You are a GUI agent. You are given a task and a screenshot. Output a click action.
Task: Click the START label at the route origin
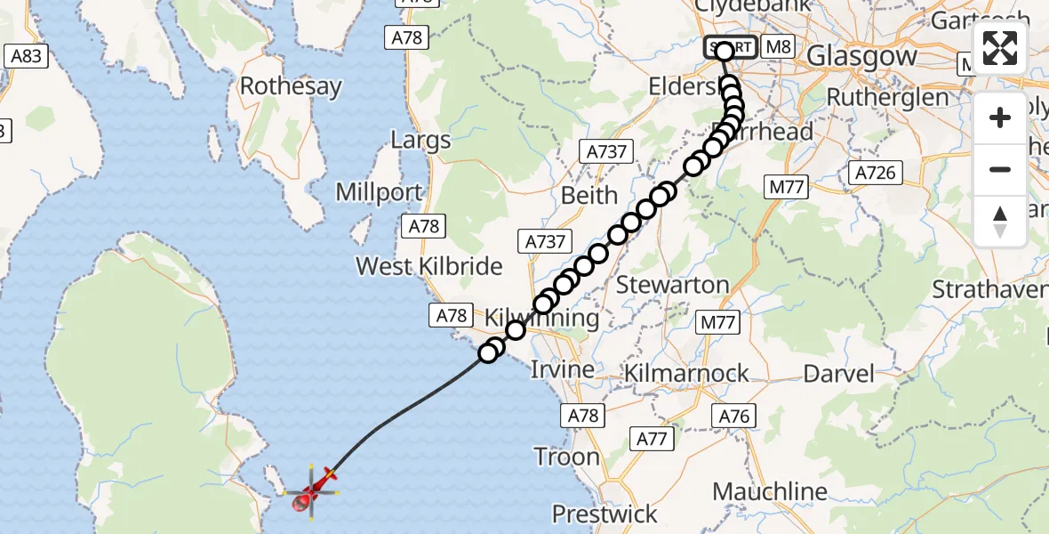pyautogui.click(x=731, y=47)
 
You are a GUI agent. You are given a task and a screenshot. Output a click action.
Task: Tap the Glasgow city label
pyautogui.click(x=861, y=56)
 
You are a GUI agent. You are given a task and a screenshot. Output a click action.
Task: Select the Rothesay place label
pyautogui.click(x=291, y=86)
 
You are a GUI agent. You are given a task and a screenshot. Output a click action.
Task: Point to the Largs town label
pyautogui.click(x=420, y=141)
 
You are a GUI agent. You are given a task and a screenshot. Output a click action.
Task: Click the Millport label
pyautogui.click(x=379, y=192)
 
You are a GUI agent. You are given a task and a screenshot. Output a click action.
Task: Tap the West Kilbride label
pyautogui.click(x=429, y=265)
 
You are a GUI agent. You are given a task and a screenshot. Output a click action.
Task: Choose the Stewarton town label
pyautogui.click(x=672, y=286)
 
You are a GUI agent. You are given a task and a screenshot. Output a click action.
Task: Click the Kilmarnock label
pyautogui.click(x=686, y=373)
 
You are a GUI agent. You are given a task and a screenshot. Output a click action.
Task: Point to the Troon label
pyautogui.click(x=567, y=457)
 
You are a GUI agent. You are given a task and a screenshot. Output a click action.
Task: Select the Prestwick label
pyautogui.click(x=605, y=514)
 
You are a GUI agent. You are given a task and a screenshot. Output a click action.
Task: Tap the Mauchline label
pyautogui.click(x=770, y=491)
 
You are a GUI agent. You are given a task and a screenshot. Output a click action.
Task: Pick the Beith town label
pyautogui.click(x=589, y=195)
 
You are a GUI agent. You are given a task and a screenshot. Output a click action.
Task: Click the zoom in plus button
pyautogui.click(x=1000, y=117)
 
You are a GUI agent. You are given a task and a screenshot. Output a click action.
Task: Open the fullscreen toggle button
pyautogui.click(x=1000, y=49)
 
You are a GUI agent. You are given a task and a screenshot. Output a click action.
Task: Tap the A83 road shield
pyautogui.click(x=24, y=57)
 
